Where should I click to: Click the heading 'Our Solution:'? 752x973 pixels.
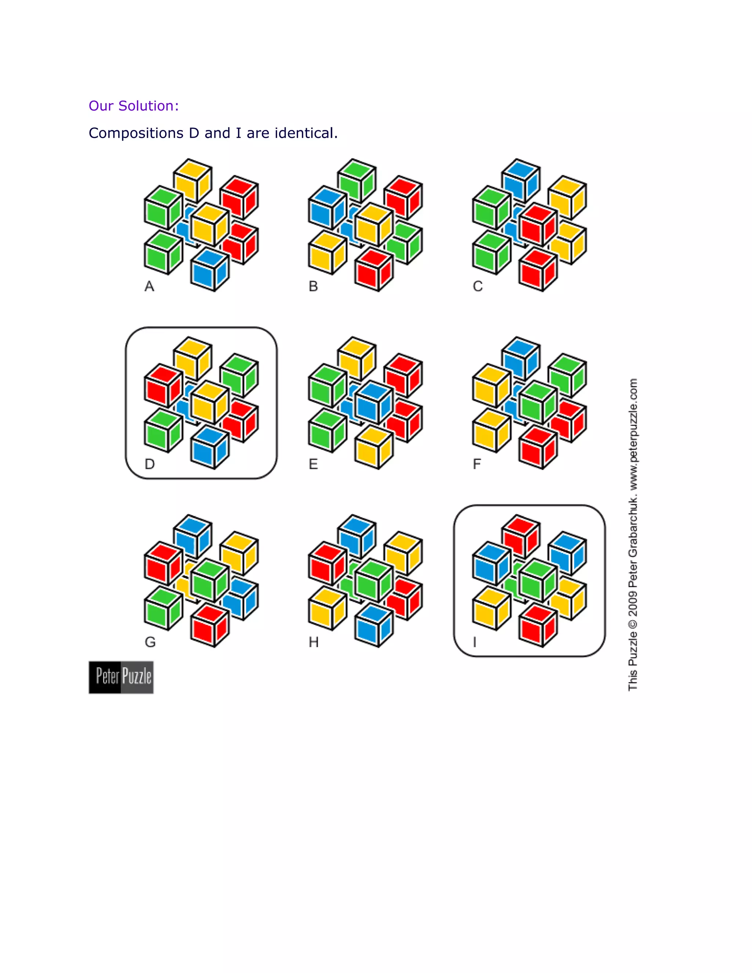pyautogui.click(x=134, y=106)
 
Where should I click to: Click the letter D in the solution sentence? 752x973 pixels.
pyautogui.click(x=194, y=133)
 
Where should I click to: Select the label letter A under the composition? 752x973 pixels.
pyautogui.click(x=149, y=286)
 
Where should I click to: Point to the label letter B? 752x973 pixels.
pyautogui.click(x=313, y=286)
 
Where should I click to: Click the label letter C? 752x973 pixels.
pyautogui.click(x=478, y=286)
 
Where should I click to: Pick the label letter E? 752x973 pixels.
pyautogui.click(x=313, y=464)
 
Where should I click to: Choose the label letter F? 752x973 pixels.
pyautogui.click(x=477, y=464)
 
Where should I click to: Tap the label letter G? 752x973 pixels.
pyautogui.click(x=150, y=642)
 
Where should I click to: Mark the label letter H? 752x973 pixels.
pyautogui.click(x=314, y=642)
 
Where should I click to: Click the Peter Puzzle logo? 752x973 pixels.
pyautogui.click(x=121, y=677)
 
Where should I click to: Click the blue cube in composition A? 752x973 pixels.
pyautogui.click(x=209, y=270)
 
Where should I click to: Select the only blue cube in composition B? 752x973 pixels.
pyautogui.click(x=326, y=207)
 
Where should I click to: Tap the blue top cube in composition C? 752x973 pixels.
pyautogui.click(x=521, y=180)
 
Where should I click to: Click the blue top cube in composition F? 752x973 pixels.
pyautogui.click(x=521, y=359)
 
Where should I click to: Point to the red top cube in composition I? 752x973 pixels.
pyautogui.click(x=521, y=537)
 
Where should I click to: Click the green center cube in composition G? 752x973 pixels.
pyautogui.click(x=209, y=580)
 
